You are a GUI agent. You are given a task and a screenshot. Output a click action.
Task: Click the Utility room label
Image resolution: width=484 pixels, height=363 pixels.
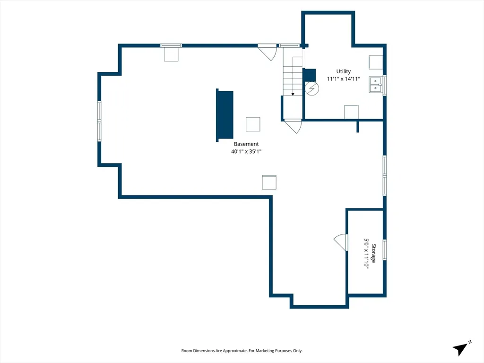[343, 72]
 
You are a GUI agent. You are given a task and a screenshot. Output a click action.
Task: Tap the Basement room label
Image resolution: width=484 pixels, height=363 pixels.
[246, 144]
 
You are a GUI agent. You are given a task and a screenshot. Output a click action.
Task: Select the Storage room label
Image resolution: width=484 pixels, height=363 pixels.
[373, 253]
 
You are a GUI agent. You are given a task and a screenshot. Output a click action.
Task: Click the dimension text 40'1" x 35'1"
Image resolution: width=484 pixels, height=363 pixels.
[246, 151]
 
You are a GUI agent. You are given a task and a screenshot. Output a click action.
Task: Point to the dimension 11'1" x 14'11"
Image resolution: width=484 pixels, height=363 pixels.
[343, 79]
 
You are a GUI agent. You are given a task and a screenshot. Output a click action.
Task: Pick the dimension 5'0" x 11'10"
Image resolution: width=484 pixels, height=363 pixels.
[366, 253]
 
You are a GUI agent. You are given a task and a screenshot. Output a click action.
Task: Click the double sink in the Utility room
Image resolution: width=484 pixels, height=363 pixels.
[376, 85]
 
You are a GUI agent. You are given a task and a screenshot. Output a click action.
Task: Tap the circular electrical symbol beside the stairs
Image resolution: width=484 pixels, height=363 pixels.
[312, 88]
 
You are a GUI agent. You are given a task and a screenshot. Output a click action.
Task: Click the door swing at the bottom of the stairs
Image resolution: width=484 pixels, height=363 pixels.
[293, 126]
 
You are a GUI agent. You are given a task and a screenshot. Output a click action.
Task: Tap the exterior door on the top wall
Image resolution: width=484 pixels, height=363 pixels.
[268, 52]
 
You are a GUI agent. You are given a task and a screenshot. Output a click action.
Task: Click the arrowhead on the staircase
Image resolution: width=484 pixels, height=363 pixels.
[293, 94]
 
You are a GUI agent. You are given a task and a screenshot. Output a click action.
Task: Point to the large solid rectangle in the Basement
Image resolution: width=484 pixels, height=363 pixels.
[225, 115]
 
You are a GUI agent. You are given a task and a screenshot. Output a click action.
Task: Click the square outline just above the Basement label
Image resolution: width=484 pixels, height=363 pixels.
[253, 124]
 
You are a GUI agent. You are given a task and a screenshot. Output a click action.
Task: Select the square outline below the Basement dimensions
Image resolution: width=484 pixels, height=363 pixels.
[269, 182]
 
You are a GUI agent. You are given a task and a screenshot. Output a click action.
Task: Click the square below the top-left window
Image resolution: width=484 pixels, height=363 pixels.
[171, 54]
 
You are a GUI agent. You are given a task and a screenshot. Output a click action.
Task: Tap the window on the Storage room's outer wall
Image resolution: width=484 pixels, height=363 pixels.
[385, 250]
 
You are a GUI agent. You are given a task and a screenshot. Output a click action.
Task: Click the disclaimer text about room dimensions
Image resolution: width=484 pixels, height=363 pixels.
[242, 351]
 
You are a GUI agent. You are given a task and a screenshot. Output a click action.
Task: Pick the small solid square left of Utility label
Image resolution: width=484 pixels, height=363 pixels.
[309, 75]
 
